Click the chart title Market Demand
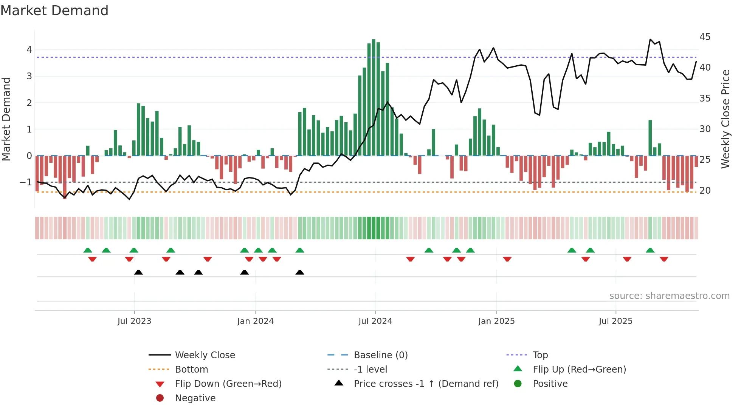click(54, 11)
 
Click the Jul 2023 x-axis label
click(134, 321)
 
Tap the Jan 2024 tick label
click(255, 321)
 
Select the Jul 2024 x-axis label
click(375, 321)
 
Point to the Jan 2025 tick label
click(496, 321)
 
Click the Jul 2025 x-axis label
click(615, 321)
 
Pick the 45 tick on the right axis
click(705, 37)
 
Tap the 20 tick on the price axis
click(705, 191)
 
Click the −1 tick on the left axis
click(26, 182)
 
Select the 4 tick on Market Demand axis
click(29, 50)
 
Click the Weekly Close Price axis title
click(725, 119)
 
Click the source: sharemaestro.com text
click(669, 296)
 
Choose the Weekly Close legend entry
click(205, 355)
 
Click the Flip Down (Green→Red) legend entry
click(228, 384)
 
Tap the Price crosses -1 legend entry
click(426, 384)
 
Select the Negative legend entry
click(195, 398)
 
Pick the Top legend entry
click(540, 355)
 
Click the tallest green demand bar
click(374, 97)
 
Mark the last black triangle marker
click(300, 273)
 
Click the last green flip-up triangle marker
click(650, 250)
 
